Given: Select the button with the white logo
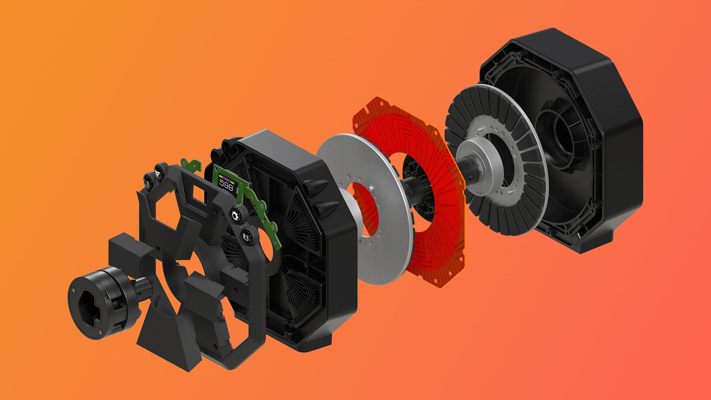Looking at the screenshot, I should tap(158, 171).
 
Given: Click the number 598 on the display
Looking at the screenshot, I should tap(226, 186).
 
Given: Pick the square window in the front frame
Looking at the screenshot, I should tap(200, 193).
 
